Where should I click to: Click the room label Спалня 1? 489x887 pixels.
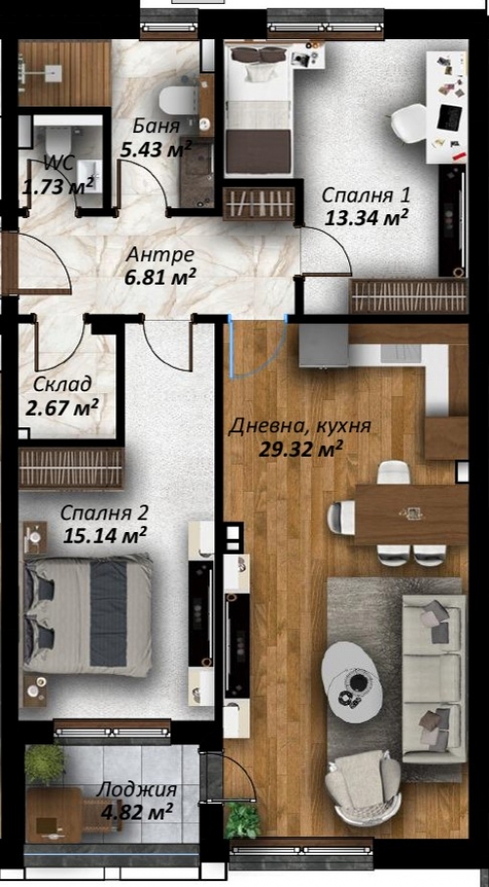click(365, 196)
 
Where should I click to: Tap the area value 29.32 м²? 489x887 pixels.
click(301, 449)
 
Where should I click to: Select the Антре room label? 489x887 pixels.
click(160, 254)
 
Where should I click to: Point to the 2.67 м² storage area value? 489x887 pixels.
click(63, 407)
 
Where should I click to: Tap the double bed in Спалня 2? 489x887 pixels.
click(88, 615)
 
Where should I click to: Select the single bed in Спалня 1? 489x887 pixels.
click(259, 111)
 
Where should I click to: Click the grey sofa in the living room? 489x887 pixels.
click(433, 679)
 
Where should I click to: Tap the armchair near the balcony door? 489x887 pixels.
click(363, 787)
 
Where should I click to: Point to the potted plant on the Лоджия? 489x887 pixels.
click(44, 764)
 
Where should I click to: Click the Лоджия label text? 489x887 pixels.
click(136, 790)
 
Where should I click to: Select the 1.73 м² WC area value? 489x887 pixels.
click(57, 186)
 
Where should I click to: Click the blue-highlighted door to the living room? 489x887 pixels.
click(257, 349)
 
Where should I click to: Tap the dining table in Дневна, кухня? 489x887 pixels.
click(411, 514)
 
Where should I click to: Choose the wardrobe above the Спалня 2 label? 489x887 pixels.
click(70, 467)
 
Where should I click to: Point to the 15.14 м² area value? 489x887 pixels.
click(106, 535)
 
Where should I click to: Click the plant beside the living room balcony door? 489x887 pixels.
click(243, 820)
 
